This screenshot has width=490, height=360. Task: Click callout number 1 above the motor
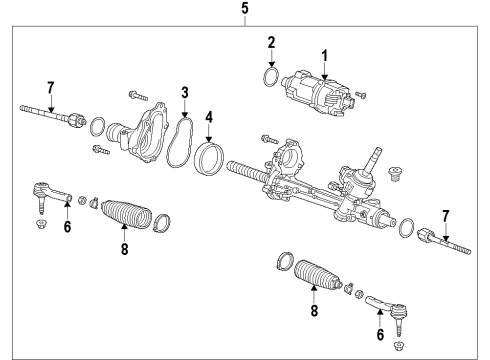tap(324, 54)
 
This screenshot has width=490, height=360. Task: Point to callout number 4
tap(209, 118)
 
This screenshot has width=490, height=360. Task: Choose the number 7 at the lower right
tap(447, 215)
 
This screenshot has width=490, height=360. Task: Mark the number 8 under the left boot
tap(125, 251)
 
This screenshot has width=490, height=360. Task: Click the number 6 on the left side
tap(68, 227)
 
